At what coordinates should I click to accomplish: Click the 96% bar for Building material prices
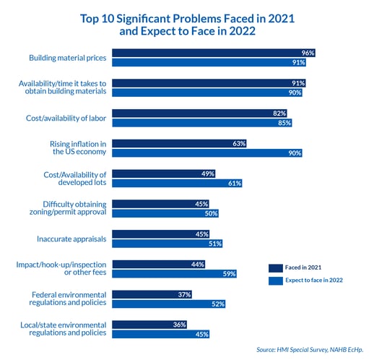[x=214, y=53]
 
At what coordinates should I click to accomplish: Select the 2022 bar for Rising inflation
[x=207, y=153]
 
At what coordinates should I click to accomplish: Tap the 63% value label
[x=239, y=144]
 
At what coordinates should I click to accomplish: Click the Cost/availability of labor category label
[x=66, y=118]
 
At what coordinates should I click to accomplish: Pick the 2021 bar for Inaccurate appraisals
[x=160, y=234]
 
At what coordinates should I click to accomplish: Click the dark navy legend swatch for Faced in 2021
[x=276, y=268]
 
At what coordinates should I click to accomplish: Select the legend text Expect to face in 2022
[x=314, y=280]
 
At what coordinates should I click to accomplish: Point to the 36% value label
[x=180, y=325]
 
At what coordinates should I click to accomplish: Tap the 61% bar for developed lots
[x=177, y=183]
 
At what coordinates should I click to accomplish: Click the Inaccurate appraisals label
[x=71, y=239]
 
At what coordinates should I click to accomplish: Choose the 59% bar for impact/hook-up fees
[x=174, y=274]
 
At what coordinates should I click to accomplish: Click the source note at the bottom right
[x=310, y=350]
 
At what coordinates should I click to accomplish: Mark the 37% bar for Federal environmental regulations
[x=152, y=294]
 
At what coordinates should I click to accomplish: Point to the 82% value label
[x=279, y=113]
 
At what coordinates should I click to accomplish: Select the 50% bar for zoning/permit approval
[x=165, y=213]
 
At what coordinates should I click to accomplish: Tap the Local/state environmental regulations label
[x=64, y=329]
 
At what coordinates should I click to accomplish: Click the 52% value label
[x=218, y=304]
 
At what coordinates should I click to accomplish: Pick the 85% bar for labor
[x=202, y=123]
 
